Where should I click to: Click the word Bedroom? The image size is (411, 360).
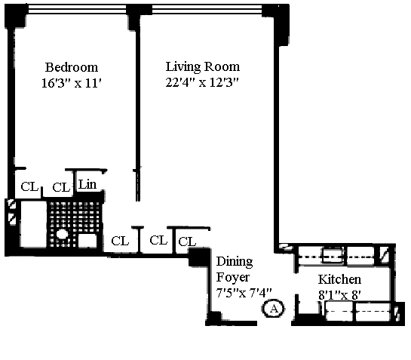(x=72, y=67)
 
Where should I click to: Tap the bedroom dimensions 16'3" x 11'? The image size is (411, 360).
(x=72, y=83)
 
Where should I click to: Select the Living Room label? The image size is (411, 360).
(x=203, y=67)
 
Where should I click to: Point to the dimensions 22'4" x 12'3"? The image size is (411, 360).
(x=202, y=82)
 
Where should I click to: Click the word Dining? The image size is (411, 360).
(x=235, y=262)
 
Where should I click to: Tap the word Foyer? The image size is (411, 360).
(x=233, y=278)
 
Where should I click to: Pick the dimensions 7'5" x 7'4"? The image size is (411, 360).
(x=244, y=293)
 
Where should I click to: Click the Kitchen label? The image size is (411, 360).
(x=339, y=279)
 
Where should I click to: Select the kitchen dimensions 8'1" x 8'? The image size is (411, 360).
(x=339, y=295)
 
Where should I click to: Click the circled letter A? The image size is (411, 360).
(x=274, y=309)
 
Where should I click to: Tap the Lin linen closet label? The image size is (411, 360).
(x=87, y=184)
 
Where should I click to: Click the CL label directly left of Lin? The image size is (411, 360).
(x=61, y=187)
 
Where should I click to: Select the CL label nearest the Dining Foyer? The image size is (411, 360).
(x=187, y=242)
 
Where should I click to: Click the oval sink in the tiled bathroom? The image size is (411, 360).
(x=62, y=234)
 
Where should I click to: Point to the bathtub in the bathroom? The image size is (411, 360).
(x=33, y=224)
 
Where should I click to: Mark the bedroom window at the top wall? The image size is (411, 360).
(x=78, y=10)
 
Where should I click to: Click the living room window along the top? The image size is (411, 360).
(x=207, y=10)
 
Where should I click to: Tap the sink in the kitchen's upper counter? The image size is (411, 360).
(x=333, y=255)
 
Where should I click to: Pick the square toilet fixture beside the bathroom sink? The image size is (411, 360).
(x=87, y=240)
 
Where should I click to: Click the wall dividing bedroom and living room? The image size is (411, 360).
(x=138, y=115)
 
